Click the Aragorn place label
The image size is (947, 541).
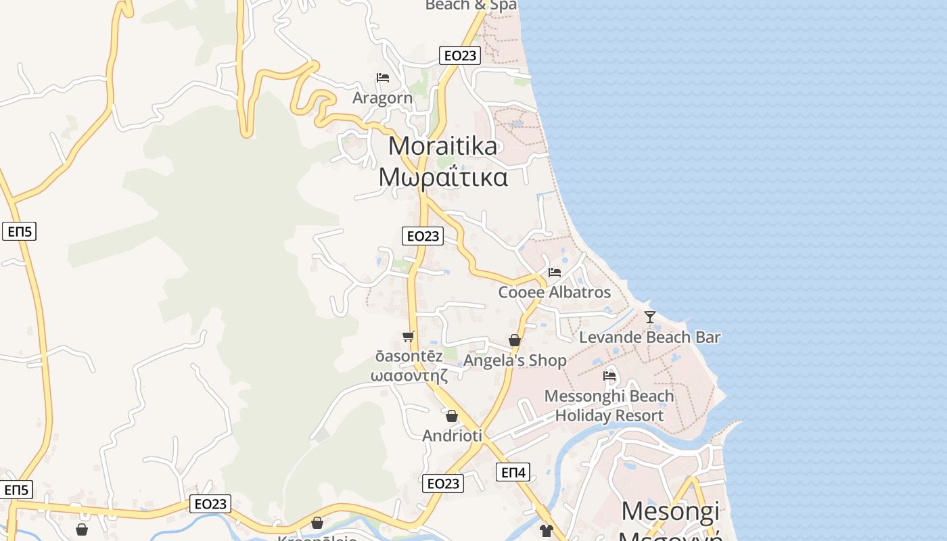click(x=382, y=98)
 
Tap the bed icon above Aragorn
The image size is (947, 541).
click(x=383, y=78)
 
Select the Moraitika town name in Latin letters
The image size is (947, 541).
click(x=443, y=146)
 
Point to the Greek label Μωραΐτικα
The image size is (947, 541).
click(x=443, y=177)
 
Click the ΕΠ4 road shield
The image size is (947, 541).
click(x=513, y=472)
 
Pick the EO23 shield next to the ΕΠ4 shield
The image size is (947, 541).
click(x=444, y=484)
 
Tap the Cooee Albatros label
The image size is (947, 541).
click(x=555, y=292)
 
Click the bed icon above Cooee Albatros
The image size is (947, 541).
click(x=555, y=273)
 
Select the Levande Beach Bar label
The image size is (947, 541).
click(x=650, y=337)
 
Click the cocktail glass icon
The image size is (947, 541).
click(x=650, y=316)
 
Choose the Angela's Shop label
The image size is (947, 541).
click(x=515, y=360)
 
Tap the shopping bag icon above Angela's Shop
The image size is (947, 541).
click(x=515, y=340)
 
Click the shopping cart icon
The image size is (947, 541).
click(x=408, y=336)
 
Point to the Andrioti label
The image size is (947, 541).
click(x=452, y=436)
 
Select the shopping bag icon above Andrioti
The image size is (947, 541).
click(x=452, y=416)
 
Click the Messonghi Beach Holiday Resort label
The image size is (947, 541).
click(x=609, y=406)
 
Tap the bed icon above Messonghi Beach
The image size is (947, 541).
click(x=609, y=375)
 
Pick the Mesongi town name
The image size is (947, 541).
click(x=670, y=511)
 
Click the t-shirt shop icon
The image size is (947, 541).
click(x=547, y=531)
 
